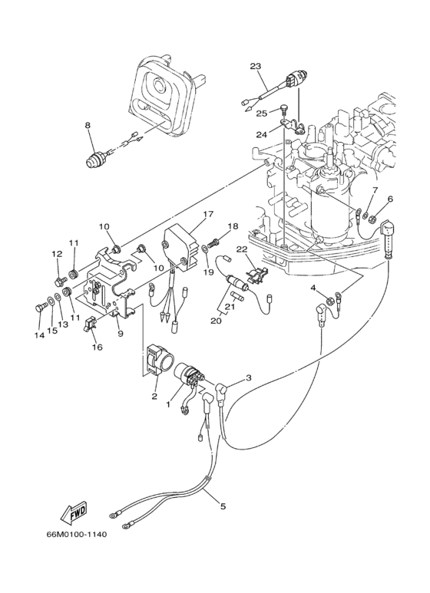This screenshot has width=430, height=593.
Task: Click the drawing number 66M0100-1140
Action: click(77, 535)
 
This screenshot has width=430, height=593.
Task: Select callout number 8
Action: click(88, 125)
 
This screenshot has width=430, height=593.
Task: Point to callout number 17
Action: click(208, 214)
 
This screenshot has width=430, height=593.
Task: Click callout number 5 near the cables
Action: click(223, 506)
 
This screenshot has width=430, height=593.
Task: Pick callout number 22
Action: click(242, 249)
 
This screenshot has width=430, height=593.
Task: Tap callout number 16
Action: click(98, 347)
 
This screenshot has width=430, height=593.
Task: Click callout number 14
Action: click(39, 335)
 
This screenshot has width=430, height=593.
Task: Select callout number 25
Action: click(262, 113)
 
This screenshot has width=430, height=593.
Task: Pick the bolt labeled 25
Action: click(284, 109)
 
